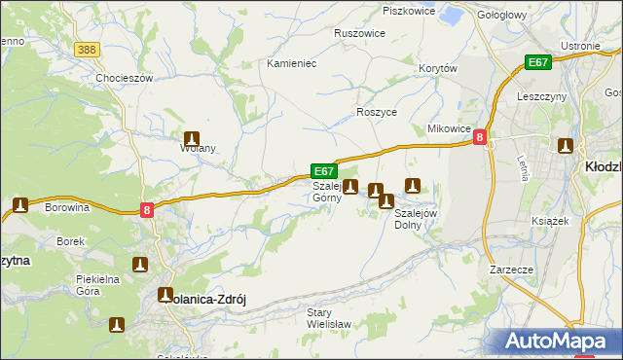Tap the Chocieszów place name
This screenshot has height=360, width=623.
click(x=125, y=78)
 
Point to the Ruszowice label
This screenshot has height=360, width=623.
click(x=359, y=32)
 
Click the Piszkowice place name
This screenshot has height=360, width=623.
click(x=407, y=11)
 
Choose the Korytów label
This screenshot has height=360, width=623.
click(x=437, y=68)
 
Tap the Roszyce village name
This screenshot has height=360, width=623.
click(x=377, y=112)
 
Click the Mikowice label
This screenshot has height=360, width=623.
click(x=450, y=128)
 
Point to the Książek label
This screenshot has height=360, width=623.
click(x=550, y=221)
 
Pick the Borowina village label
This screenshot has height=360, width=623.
click(x=67, y=207)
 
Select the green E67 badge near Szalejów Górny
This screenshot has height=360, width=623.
click(x=324, y=170)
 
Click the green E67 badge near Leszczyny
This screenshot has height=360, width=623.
click(x=538, y=62)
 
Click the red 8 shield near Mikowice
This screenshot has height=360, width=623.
click(x=480, y=139)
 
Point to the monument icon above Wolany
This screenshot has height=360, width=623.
click(x=193, y=139)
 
